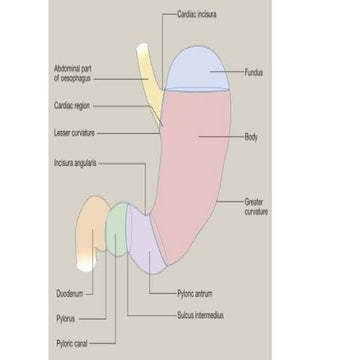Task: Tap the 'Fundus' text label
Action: point(254,73)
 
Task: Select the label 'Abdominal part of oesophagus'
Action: point(75,73)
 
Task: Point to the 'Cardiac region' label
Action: point(72,104)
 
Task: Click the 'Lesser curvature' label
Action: point(74,132)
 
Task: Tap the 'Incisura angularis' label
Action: point(75,163)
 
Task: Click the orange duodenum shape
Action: point(93,232)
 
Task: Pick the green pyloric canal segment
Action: point(118,230)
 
